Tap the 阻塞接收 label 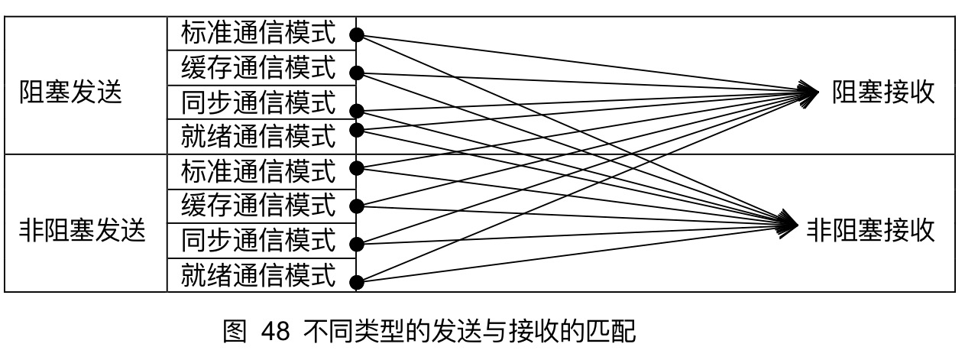tap(883, 93)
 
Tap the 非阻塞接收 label tap(871, 229)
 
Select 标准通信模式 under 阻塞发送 tap(258, 33)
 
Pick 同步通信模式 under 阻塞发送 tap(258, 102)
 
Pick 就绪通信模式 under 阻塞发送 tap(258, 136)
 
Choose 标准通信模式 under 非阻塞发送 tap(258, 170)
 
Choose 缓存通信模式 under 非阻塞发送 tap(258, 205)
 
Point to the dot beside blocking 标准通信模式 tap(355, 34)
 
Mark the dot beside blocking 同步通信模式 tap(355, 111)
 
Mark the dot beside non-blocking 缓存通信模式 tap(355, 206)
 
